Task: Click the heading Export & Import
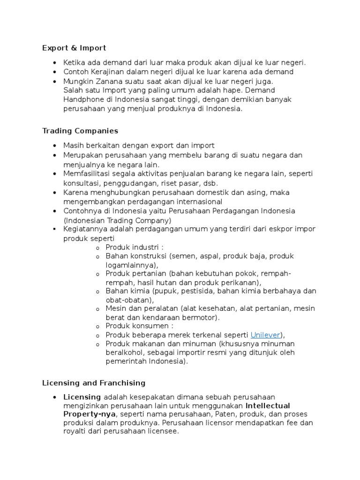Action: tap(74, 48)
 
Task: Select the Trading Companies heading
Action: tap(80, 131)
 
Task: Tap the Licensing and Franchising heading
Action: tap(94, 383)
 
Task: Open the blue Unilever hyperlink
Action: tap(265, 335)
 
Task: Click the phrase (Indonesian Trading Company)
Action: tap(118, 220)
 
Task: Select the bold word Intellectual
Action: tap(268, 405)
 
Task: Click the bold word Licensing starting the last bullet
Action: tap(82, 397)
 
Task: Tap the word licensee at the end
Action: tap(163, 431)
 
